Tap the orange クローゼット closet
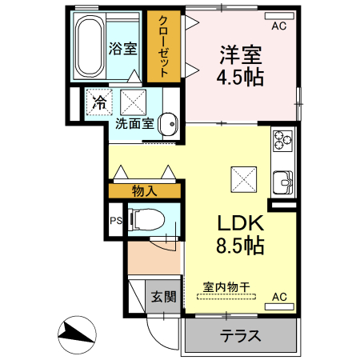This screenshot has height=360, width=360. (163, 45)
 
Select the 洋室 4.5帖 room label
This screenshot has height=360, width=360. (242, 66)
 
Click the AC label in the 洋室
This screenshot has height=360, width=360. (278, 26)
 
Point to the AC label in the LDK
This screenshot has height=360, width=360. (278, 297)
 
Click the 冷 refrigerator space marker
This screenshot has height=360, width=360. (98, 102)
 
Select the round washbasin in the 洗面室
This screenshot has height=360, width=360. (169, 124)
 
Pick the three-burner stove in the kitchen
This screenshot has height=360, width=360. (283, 141)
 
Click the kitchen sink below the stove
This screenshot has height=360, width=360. (283, 182)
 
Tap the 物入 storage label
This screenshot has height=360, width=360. (146, 190)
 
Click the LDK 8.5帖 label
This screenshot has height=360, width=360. (237, 234)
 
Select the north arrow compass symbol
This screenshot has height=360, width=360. (76, 331)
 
